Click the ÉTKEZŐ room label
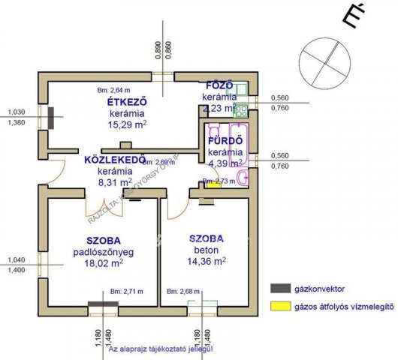click(126, 102)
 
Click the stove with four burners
click(241, 112)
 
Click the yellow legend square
click(279, 306)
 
